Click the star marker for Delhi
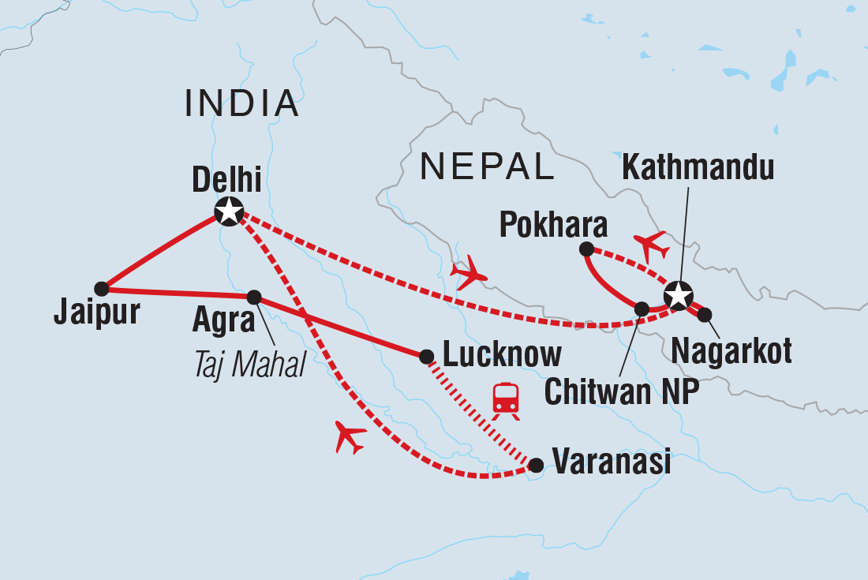(x=229, y=211)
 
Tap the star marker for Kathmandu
(x=678, y=295)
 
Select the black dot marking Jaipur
(x=101, y=288)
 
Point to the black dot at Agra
(x=254, y=297)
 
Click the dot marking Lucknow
(x=426, y=356)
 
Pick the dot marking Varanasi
(x=536, y=466)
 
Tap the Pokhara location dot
(x=586, y=249)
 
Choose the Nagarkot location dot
(x=705, y=315)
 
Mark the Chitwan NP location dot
(x=642, y=309)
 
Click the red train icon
(x=505, y=399)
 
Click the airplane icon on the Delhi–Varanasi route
(x=350, y=436)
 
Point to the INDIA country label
(x=242, y=103)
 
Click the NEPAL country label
(x=487, y=167)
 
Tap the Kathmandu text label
(x=698, y=168)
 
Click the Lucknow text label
(x=503, y=355)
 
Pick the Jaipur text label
(x=96, y=313)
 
